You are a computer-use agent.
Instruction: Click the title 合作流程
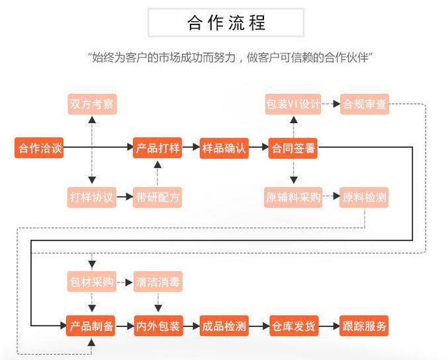coord(226,23)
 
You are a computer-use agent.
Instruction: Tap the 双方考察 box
coord(92,104)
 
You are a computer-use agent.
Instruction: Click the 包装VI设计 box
coord(292,104)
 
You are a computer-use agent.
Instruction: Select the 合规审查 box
coord(365,104)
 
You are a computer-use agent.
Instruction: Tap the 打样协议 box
coord(92,197)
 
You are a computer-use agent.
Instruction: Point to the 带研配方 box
coord(157,197)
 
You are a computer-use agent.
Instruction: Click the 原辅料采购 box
coord(292,197)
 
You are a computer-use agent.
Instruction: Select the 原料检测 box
coord(365,197)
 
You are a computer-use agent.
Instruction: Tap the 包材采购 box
coord(92,282)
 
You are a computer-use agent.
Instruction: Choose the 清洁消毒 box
coord(157,282)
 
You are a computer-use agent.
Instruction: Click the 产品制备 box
coord(92,326)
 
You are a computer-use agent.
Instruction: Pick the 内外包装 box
coord(157,326)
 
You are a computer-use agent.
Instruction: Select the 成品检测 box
coord(224,326)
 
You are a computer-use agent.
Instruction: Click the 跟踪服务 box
coord(364,326)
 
